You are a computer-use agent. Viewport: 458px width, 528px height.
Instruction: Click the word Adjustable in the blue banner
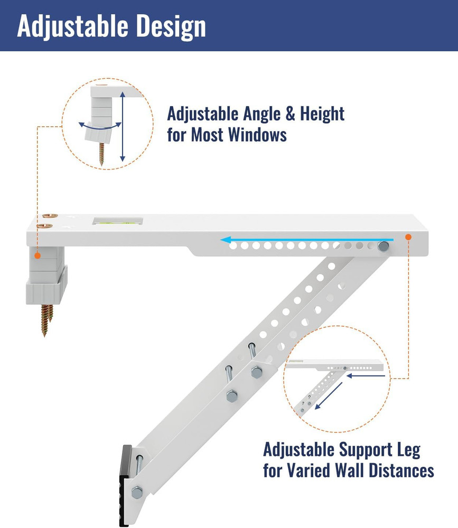coord(73,26)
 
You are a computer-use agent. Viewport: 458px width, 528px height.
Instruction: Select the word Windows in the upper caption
coord(257,135)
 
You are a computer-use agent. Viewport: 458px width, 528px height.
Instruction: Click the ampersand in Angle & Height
coord(290,114)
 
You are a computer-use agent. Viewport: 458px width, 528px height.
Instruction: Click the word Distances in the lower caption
coord(401,470)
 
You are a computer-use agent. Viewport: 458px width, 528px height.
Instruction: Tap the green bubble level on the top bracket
coord(118,222)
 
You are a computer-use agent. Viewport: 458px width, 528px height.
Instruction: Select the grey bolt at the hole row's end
coord(383,247)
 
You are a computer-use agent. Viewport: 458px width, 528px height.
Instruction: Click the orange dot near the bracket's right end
coord(408,237)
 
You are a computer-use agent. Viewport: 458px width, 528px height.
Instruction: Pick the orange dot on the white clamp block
coord(38,256)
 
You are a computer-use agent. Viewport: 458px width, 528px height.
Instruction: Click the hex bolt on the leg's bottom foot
coord(136,493)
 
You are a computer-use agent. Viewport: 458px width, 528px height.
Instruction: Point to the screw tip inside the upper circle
coord(101,164)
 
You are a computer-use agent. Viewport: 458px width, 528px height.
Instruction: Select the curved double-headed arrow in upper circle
coord(100,128)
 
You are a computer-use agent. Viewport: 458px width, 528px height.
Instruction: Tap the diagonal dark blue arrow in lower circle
coord(328,396)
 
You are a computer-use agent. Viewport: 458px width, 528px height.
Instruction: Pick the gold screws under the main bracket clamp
coord(46,320)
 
